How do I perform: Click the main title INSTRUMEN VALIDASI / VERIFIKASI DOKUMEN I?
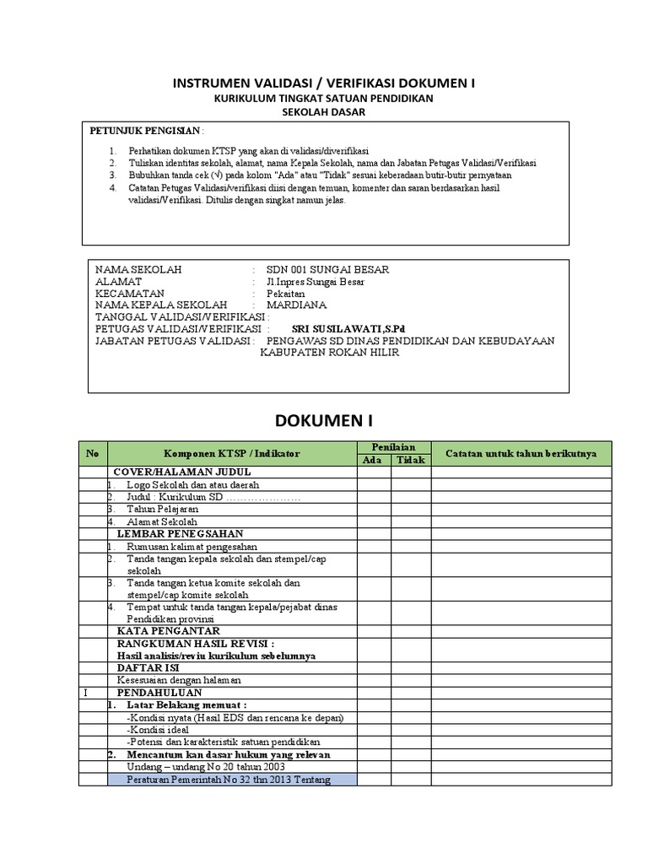(x=324, y=84)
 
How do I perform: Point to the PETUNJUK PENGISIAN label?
(x=145, y=132)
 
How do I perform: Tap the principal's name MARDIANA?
(x=296, y=305)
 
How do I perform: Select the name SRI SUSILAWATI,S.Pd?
(x=342, y=328)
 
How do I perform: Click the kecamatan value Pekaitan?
(x=287, y=293)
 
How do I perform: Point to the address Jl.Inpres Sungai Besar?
(x=316, y=281)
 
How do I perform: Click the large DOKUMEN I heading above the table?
(x=324, y=420)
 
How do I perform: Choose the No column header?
(x=93, y=453)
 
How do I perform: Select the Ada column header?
(x=372, y=460)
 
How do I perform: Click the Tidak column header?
(x=410, y=460)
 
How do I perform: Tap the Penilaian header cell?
(x=393, y=447)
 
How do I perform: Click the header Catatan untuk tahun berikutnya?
(x=521, y=453)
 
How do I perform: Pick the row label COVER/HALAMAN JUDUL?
(x=172, y=472)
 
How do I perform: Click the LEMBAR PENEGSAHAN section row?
(x=180, y=533)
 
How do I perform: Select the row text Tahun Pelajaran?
(x=163, y=510)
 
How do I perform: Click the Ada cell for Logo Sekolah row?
(x=372, y=485)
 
